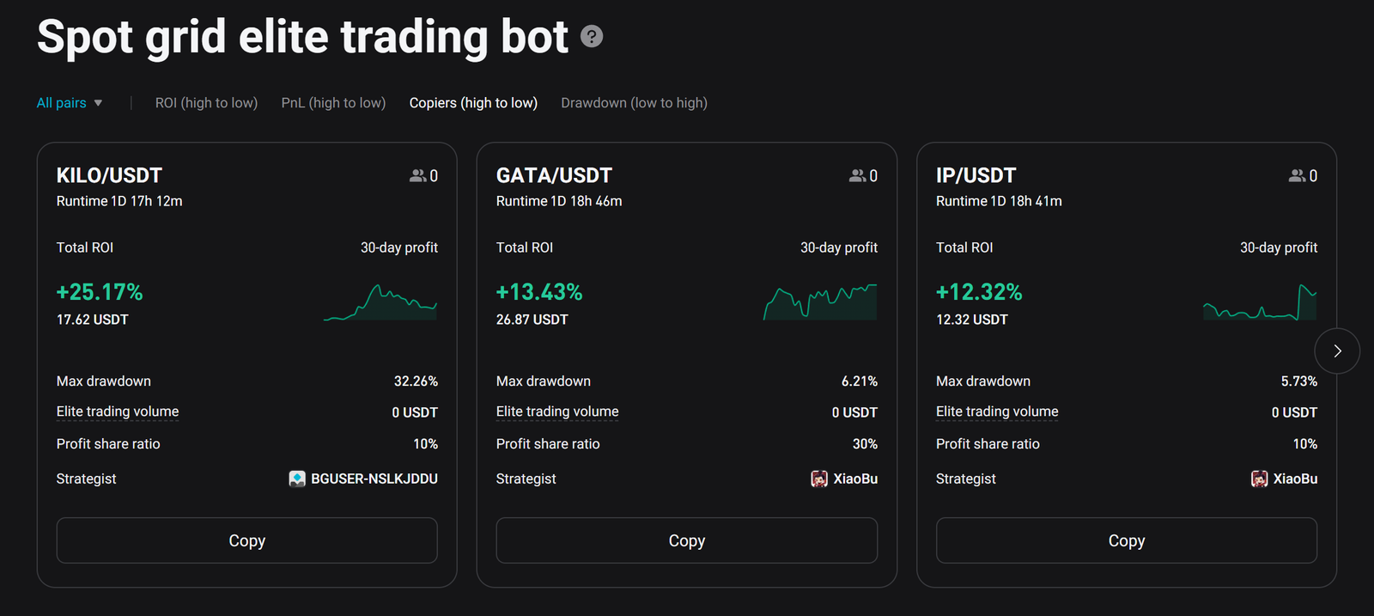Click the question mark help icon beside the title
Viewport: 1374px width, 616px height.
[592, 37]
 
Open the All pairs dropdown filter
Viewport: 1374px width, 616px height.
[70, 103]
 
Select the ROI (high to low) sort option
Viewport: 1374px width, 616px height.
[206, 103]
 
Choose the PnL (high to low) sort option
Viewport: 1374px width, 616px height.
[333, 103]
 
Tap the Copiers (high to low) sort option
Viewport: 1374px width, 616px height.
[473, 103]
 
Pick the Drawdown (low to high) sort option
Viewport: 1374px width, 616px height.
[634, 103]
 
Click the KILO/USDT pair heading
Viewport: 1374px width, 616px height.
[109, 175]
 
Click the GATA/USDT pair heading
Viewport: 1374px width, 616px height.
[554, 175]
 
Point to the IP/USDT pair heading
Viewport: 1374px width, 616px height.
[976, 175]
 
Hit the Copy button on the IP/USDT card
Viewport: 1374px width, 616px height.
[1126, 540]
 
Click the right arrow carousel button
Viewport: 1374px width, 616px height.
[1337, 351]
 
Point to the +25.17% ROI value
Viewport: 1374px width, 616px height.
[100, 292]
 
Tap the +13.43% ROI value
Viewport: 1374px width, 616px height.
[539, 292]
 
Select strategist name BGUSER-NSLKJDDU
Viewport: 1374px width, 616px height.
[374, 479]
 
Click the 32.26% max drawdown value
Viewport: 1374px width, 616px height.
[416, 381]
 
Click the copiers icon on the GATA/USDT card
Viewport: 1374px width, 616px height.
[857, 175]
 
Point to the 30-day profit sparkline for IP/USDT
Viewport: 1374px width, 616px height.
[1260, 303]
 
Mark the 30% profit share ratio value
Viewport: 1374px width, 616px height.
[865, 444]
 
